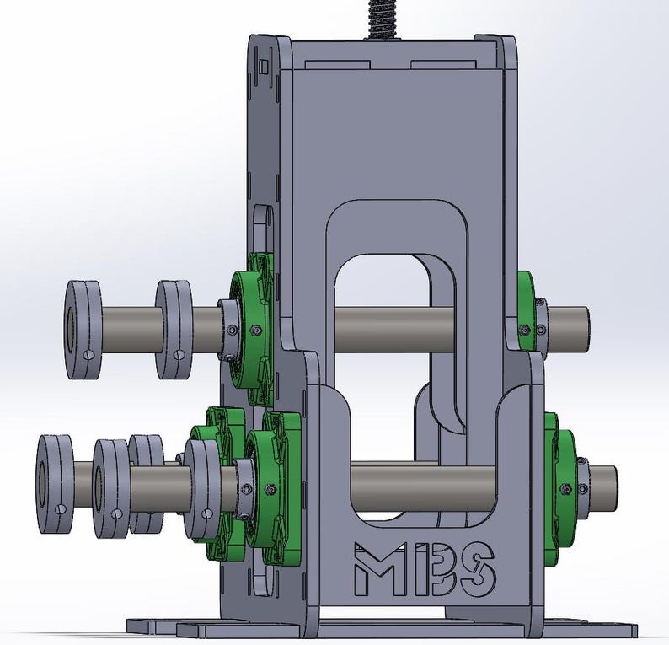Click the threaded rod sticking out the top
(381, 17)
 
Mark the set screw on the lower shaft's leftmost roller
(60, 509)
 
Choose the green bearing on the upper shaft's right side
(526, 312)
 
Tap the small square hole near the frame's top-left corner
(264, 66)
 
